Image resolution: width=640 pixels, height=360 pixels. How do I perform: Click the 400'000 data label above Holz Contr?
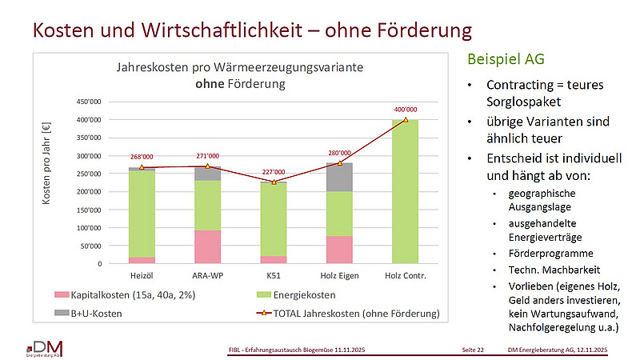tap(405, 109)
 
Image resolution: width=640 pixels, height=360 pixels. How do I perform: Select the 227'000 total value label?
tap(274, 170)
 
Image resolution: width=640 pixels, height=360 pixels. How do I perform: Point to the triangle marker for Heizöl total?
tap(142, 167)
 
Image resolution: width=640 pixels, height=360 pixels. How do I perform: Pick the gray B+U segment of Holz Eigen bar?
tap(339, 178)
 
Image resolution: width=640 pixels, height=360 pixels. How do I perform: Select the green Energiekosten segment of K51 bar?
tap(274, 220)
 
